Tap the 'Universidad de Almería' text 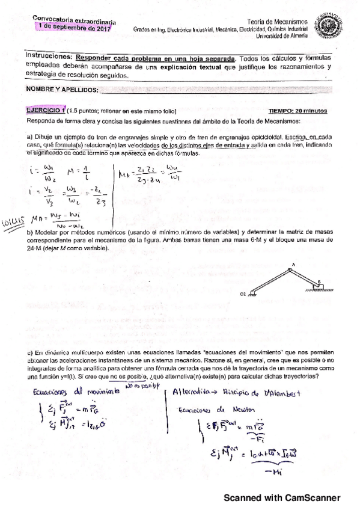[282, 35]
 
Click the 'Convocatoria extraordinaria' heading [65, 19]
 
